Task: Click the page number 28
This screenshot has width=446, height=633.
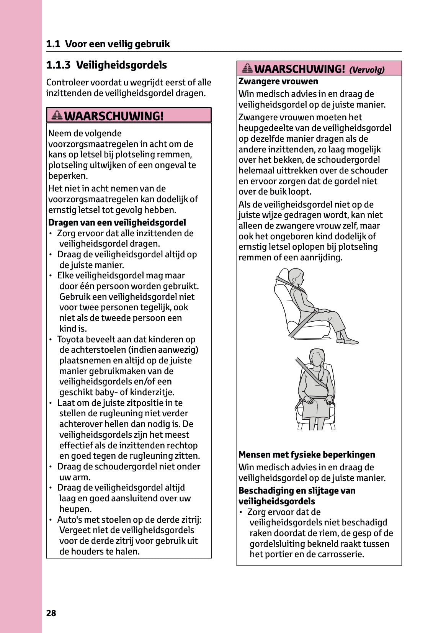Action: click(x=51, y=613)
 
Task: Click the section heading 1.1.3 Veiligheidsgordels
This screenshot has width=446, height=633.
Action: click(x=106, y=65)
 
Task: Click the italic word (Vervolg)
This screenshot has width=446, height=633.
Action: click(x=367, y=70)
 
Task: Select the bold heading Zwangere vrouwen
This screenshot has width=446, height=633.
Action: click(x=278, y=81)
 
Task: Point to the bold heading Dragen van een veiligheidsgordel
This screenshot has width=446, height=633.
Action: click(x=117, y=222)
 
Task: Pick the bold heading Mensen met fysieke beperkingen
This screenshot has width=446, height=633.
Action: click(x=307, y=455)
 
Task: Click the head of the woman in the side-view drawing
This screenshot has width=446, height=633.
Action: click(x=296, y=276)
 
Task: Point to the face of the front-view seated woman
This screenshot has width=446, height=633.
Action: click(x=317, y=358)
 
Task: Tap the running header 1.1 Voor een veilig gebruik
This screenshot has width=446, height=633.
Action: click(x=108, y=44)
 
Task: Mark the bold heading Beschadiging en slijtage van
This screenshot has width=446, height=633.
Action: click(x=297, y=491)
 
